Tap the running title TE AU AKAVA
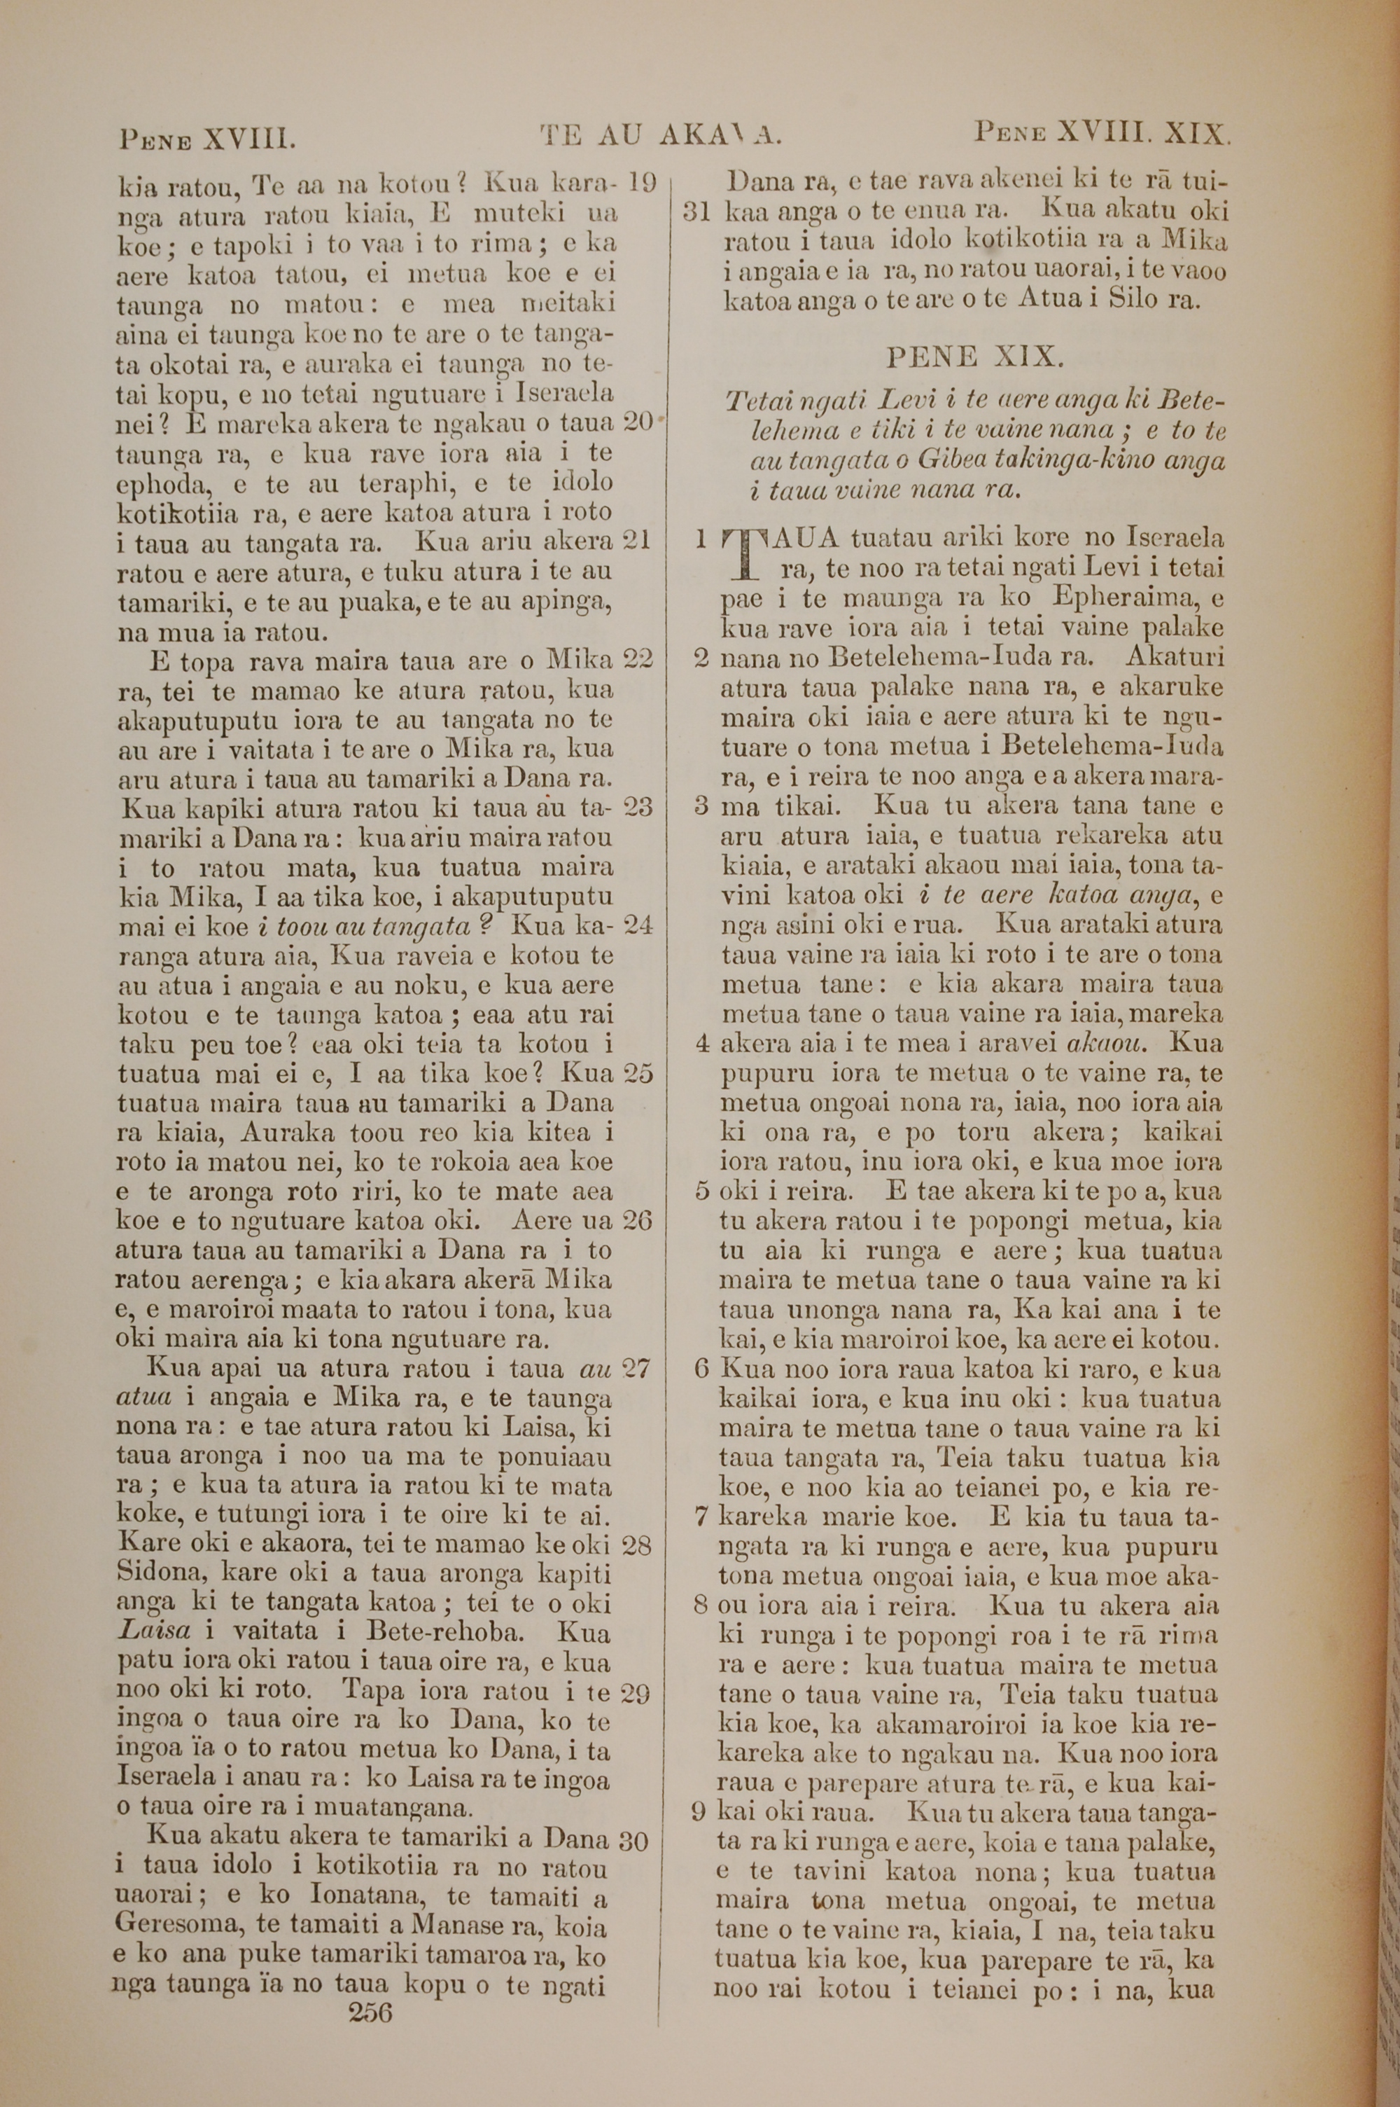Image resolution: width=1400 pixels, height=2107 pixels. coord(661,137)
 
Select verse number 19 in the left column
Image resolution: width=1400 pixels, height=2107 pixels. coord(642,184)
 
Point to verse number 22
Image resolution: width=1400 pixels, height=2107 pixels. coord(638,660)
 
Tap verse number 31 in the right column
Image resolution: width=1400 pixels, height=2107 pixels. coord(696,212)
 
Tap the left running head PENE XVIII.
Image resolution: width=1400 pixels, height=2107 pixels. coord(207,139)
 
